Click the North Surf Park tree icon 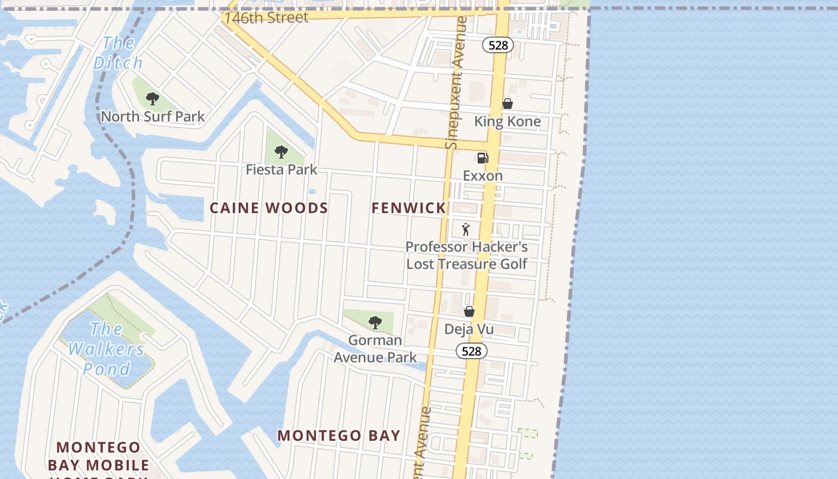point(153,99)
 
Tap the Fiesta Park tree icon point(281,152)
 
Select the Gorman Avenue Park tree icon point(375,323)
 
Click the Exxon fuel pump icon point(482,158)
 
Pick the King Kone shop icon point(508,104)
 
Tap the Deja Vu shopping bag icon point(469,311)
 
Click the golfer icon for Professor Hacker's point(466,229)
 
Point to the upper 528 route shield point(498,45)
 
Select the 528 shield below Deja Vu point(472,351)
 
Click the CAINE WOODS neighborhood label point(269,208)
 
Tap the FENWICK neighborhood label point(408,208)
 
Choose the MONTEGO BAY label point(339,436)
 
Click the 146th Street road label point(266,17)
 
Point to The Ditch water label point(118,53)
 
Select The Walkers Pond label point(106,348)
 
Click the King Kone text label point(508,122)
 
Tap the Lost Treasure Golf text point(467,264)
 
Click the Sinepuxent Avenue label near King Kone point(456,83)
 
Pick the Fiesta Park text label point(281,169)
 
